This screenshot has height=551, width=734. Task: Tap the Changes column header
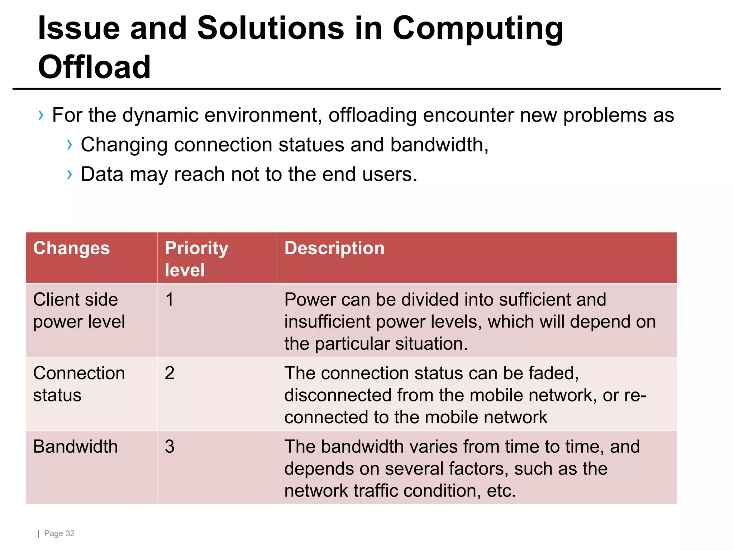[x=71, y=248]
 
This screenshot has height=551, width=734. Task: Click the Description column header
[x=334, y=248]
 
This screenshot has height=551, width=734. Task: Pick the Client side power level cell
[x=79, y=311]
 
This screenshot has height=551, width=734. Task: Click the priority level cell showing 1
[x=170, y=300]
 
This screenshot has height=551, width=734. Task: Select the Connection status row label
[x=79, y=384]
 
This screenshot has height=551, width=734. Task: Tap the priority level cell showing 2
[x=170, y=373]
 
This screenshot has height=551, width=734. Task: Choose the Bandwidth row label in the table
[x=75, y=447]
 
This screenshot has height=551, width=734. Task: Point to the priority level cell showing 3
[x=170, y=447]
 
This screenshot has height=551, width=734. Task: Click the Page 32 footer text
[x=59, y=533]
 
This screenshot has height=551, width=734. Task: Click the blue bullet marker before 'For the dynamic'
[x=41, y=116]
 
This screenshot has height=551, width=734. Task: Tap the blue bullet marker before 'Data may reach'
[x=70, y=174]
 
